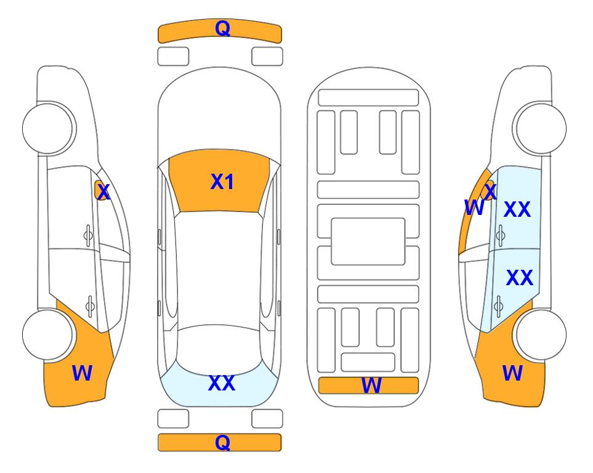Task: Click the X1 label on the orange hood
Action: click(x=222, y=182)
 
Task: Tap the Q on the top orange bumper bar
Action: click(x=223, y=28)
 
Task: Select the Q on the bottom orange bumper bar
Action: click(x=223, y=442)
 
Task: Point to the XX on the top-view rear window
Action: click(x=222, y=383)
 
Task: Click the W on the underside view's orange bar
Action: click(x=371, y=386)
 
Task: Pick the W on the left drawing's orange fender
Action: click(x=82, y=373)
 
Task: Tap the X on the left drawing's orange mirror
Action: click(x=103, y=192)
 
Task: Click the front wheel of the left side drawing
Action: click(x=49, y=129)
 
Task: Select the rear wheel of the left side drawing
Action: click(x=48, y=334)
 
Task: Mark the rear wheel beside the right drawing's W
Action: click(x=541, y=334)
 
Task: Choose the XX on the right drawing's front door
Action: click(x=517, y=209)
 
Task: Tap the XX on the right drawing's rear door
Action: click(x=520, y=278)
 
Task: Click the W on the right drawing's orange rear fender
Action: click(x=512, y=373)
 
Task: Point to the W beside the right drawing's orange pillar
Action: click(x=474, y=208)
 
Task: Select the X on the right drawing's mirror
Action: click(x=490, y=192)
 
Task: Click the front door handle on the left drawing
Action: click(x=88, y=235)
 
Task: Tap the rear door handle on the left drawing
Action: click(x=90, y=305)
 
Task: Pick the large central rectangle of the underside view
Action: click(x=368, y=241)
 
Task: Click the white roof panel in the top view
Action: click(x=219, y=269)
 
